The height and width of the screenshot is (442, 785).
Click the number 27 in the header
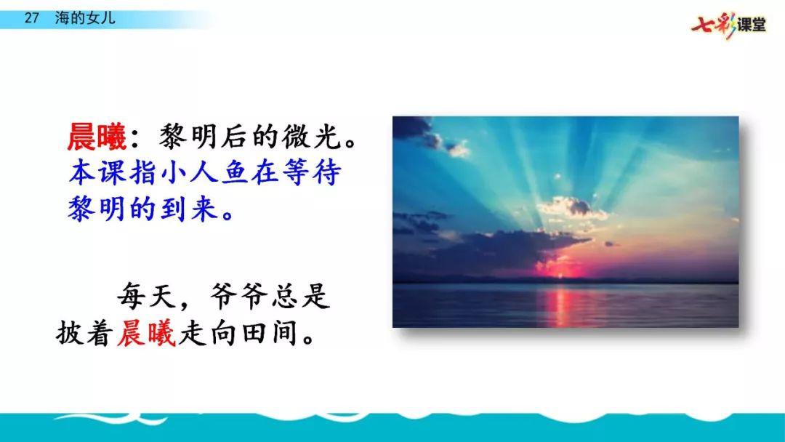[x=31, y=18]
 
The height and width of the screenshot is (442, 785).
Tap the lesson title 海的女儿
[x=85, y=18]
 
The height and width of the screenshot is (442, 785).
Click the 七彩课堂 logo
[x=729, y=25]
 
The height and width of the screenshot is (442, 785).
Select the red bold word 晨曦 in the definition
[x=97, y=137]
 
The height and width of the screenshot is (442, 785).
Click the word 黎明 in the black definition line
[x=188, y=137]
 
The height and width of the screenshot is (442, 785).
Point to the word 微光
[x=313, y=137]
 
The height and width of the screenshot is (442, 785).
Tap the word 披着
[x=84, y=332]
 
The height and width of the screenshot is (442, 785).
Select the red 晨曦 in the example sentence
[x=146, y=332]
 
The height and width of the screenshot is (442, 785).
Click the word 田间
[x=271, y=332]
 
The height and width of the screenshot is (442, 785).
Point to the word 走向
[x=208, y=332]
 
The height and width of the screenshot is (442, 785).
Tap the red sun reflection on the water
[x=560, y=305]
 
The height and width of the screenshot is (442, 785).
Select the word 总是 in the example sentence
[x=301, y=296]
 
